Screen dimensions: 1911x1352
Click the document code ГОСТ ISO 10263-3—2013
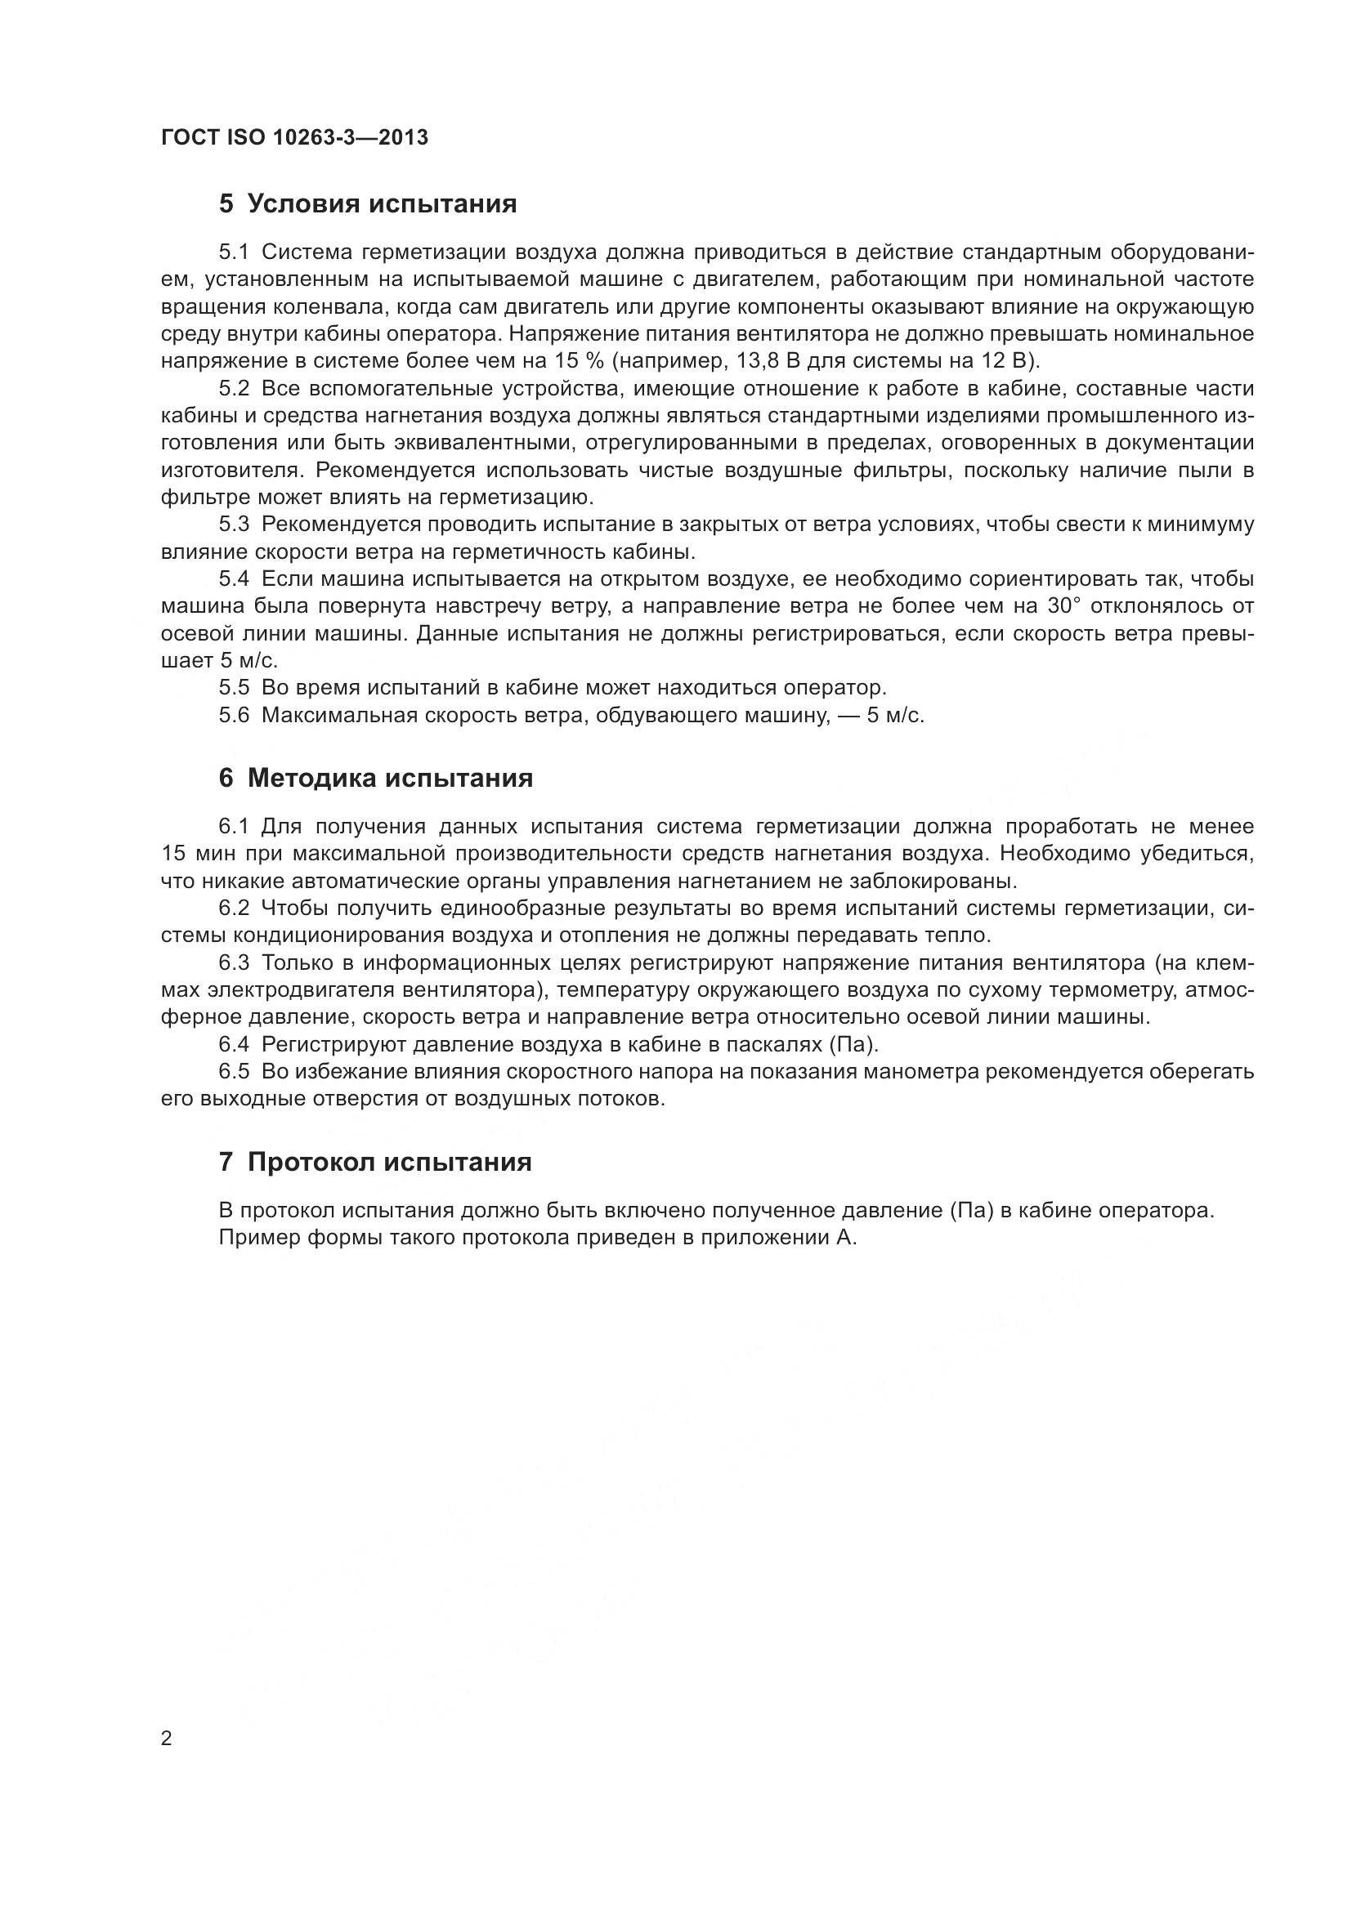pos(294,137)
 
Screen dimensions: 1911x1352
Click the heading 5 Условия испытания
pos(367,204)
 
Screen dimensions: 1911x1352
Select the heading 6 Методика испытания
pos(375,779)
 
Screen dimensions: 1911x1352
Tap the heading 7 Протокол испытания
pos(374,1162)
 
